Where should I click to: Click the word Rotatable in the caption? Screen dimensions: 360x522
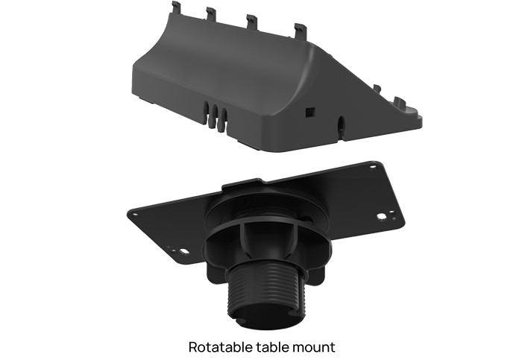[216, 347]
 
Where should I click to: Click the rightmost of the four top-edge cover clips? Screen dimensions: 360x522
[301, 31]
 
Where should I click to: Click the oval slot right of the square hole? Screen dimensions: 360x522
[342, 123]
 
